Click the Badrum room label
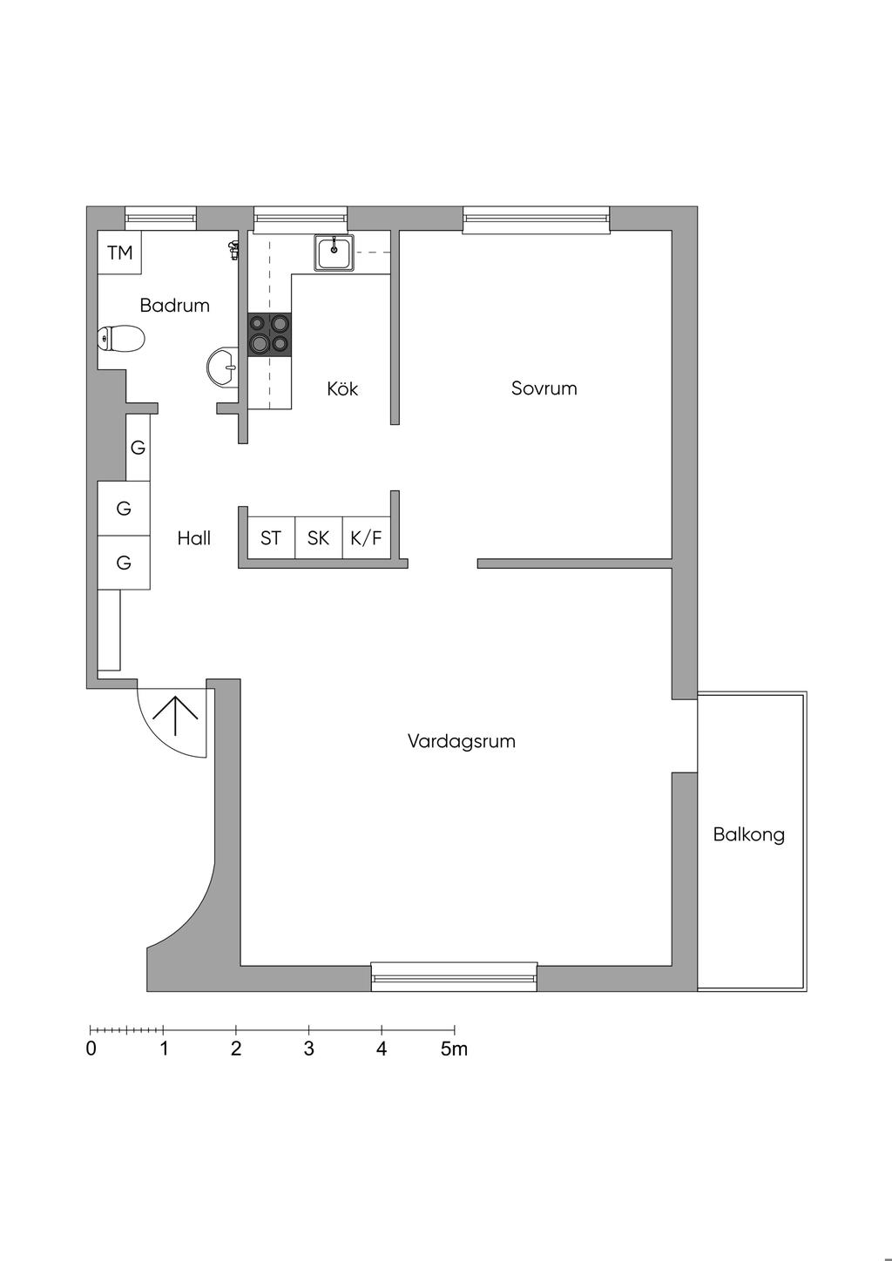(x=174, y=306)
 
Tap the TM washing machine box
(x=119, y=253)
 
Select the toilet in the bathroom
(x=121, y=339)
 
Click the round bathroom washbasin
(x=223, y=367)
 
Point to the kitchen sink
(x=334, y=253)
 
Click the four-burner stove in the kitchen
(x=270, y=335)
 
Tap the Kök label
(x=342, y=389)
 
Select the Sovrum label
(x=544, y=388)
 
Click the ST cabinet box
(x=272, y=537)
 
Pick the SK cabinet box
(x=319, y=537)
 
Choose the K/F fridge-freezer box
(x=366, y=537)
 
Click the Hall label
(x=193, y=539)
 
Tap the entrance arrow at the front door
(x=175, y=716)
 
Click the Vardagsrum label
(x=462, y=741)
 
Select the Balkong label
(x=749, y=834)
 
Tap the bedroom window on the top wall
(x=536, y=219)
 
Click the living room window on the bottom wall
(x=454, y=977)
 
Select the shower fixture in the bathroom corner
(x=233, y=249)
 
